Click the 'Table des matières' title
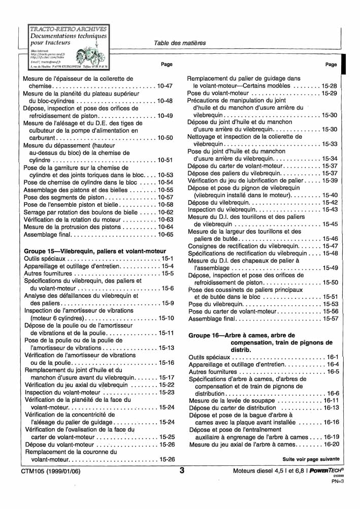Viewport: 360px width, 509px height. coord(180,43)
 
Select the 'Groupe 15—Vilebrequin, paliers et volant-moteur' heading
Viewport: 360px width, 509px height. coord(95,251)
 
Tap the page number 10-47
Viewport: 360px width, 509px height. coord(165,86)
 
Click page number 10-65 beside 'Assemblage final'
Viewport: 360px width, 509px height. coord(165,235)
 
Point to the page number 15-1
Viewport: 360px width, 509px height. coord(168,259)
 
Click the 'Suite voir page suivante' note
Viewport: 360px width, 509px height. coord(311,459)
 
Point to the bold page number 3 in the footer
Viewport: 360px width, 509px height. coord(181,470)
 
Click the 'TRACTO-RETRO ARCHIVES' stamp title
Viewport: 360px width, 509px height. coord(68,29)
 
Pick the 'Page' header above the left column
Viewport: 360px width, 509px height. coord(167,65)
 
